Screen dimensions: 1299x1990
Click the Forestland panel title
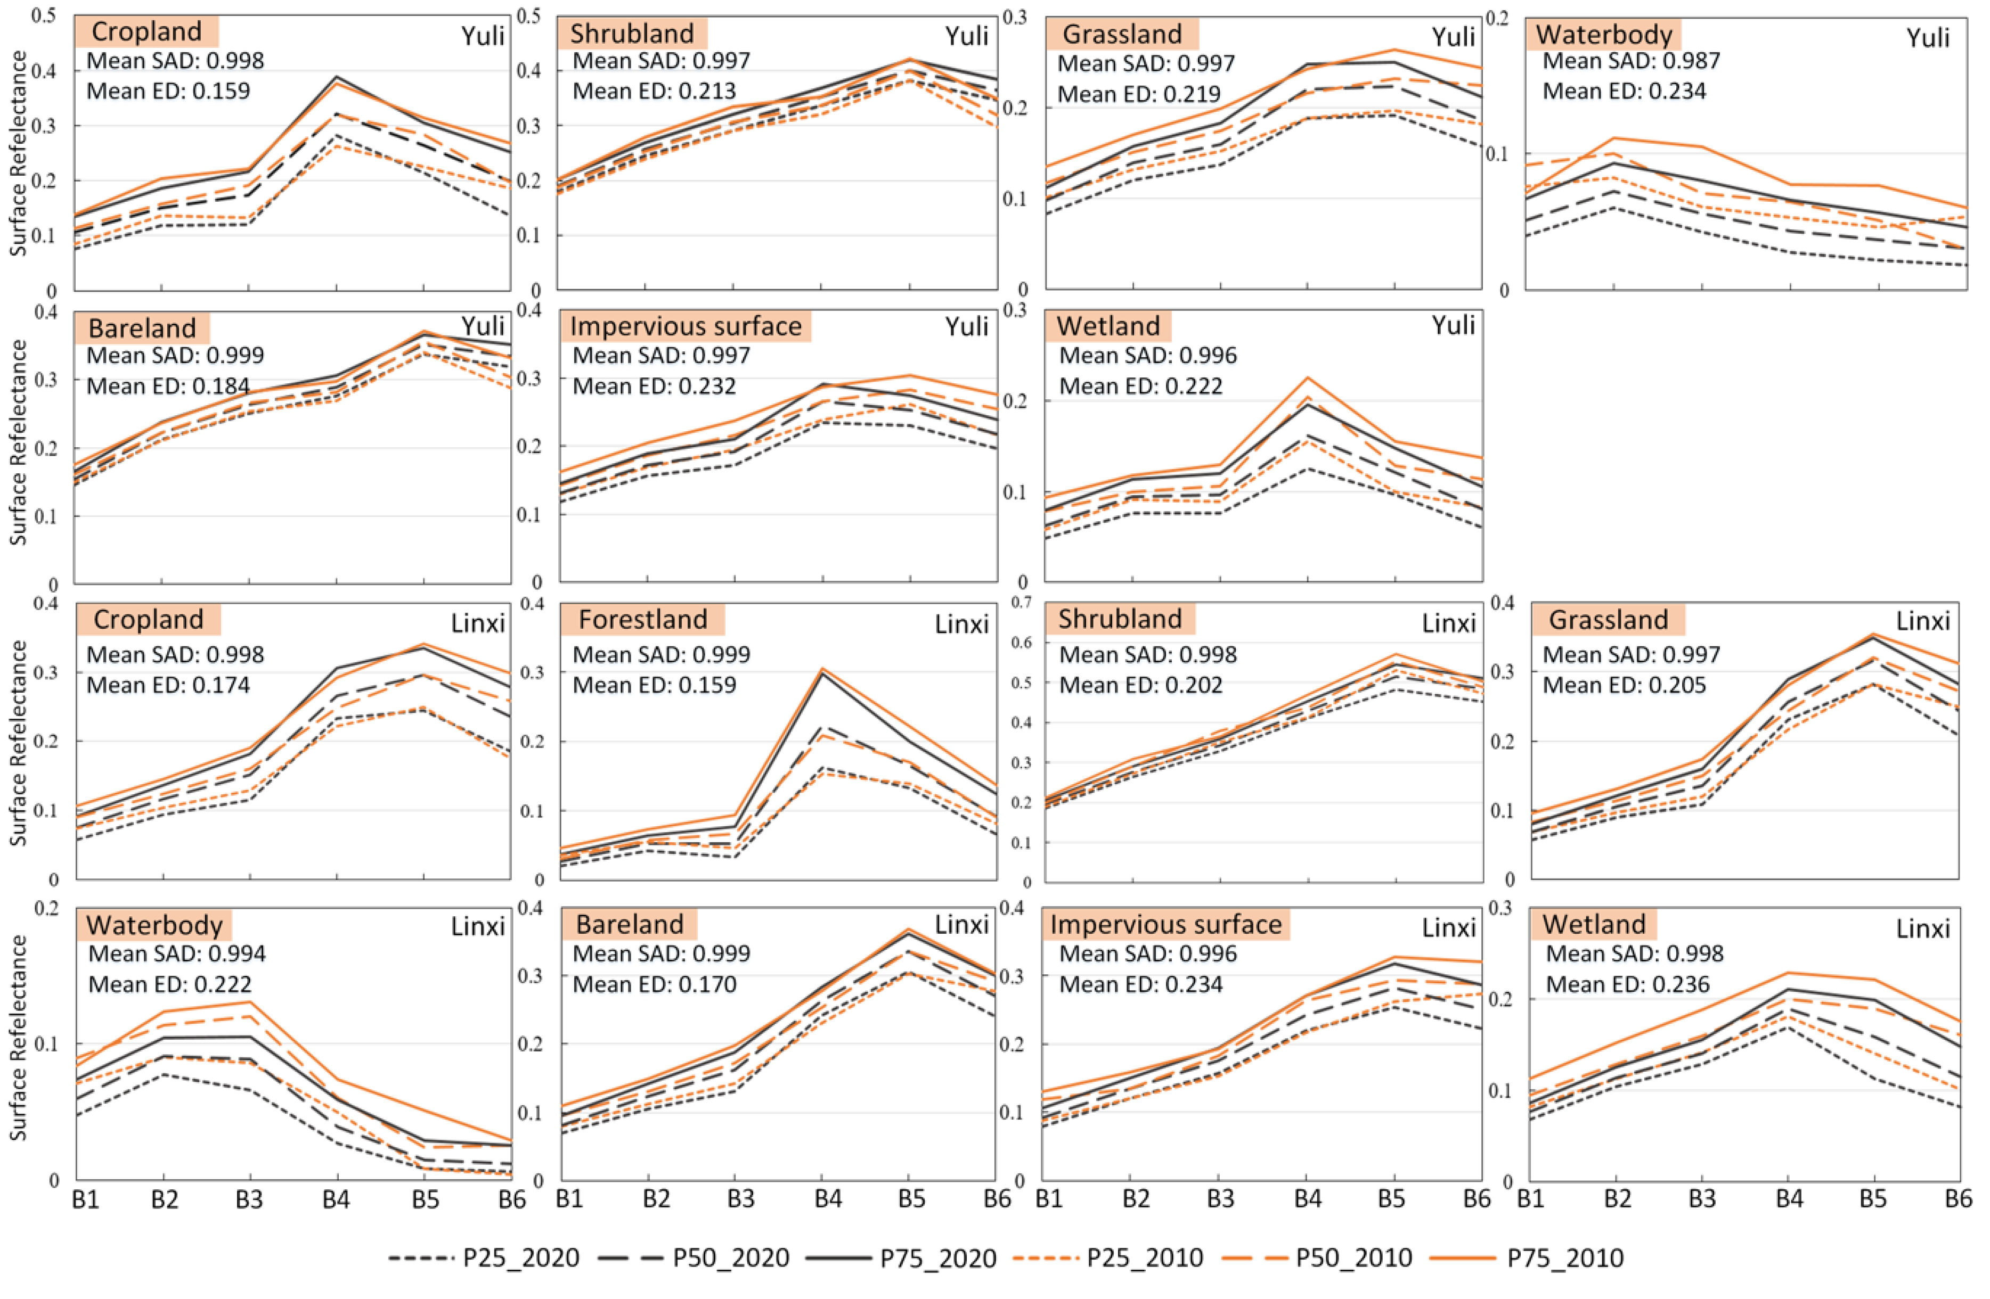point(642,619)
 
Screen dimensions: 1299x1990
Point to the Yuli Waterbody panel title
point(1604,34)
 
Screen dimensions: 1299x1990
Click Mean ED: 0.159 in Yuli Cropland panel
point(168,91)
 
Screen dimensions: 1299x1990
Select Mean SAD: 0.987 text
point(1630,60)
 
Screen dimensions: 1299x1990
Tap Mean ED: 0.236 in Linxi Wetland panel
point(1627,984)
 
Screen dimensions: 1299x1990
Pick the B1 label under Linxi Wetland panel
point(1530,1199)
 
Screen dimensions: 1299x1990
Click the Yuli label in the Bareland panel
point(483,326)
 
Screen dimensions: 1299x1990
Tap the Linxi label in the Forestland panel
point(961,623)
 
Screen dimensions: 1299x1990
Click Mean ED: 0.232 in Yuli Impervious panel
point(654,385)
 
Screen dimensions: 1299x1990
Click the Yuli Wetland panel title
point(1108,326)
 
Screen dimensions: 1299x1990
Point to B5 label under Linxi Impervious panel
point(1391,1199)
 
